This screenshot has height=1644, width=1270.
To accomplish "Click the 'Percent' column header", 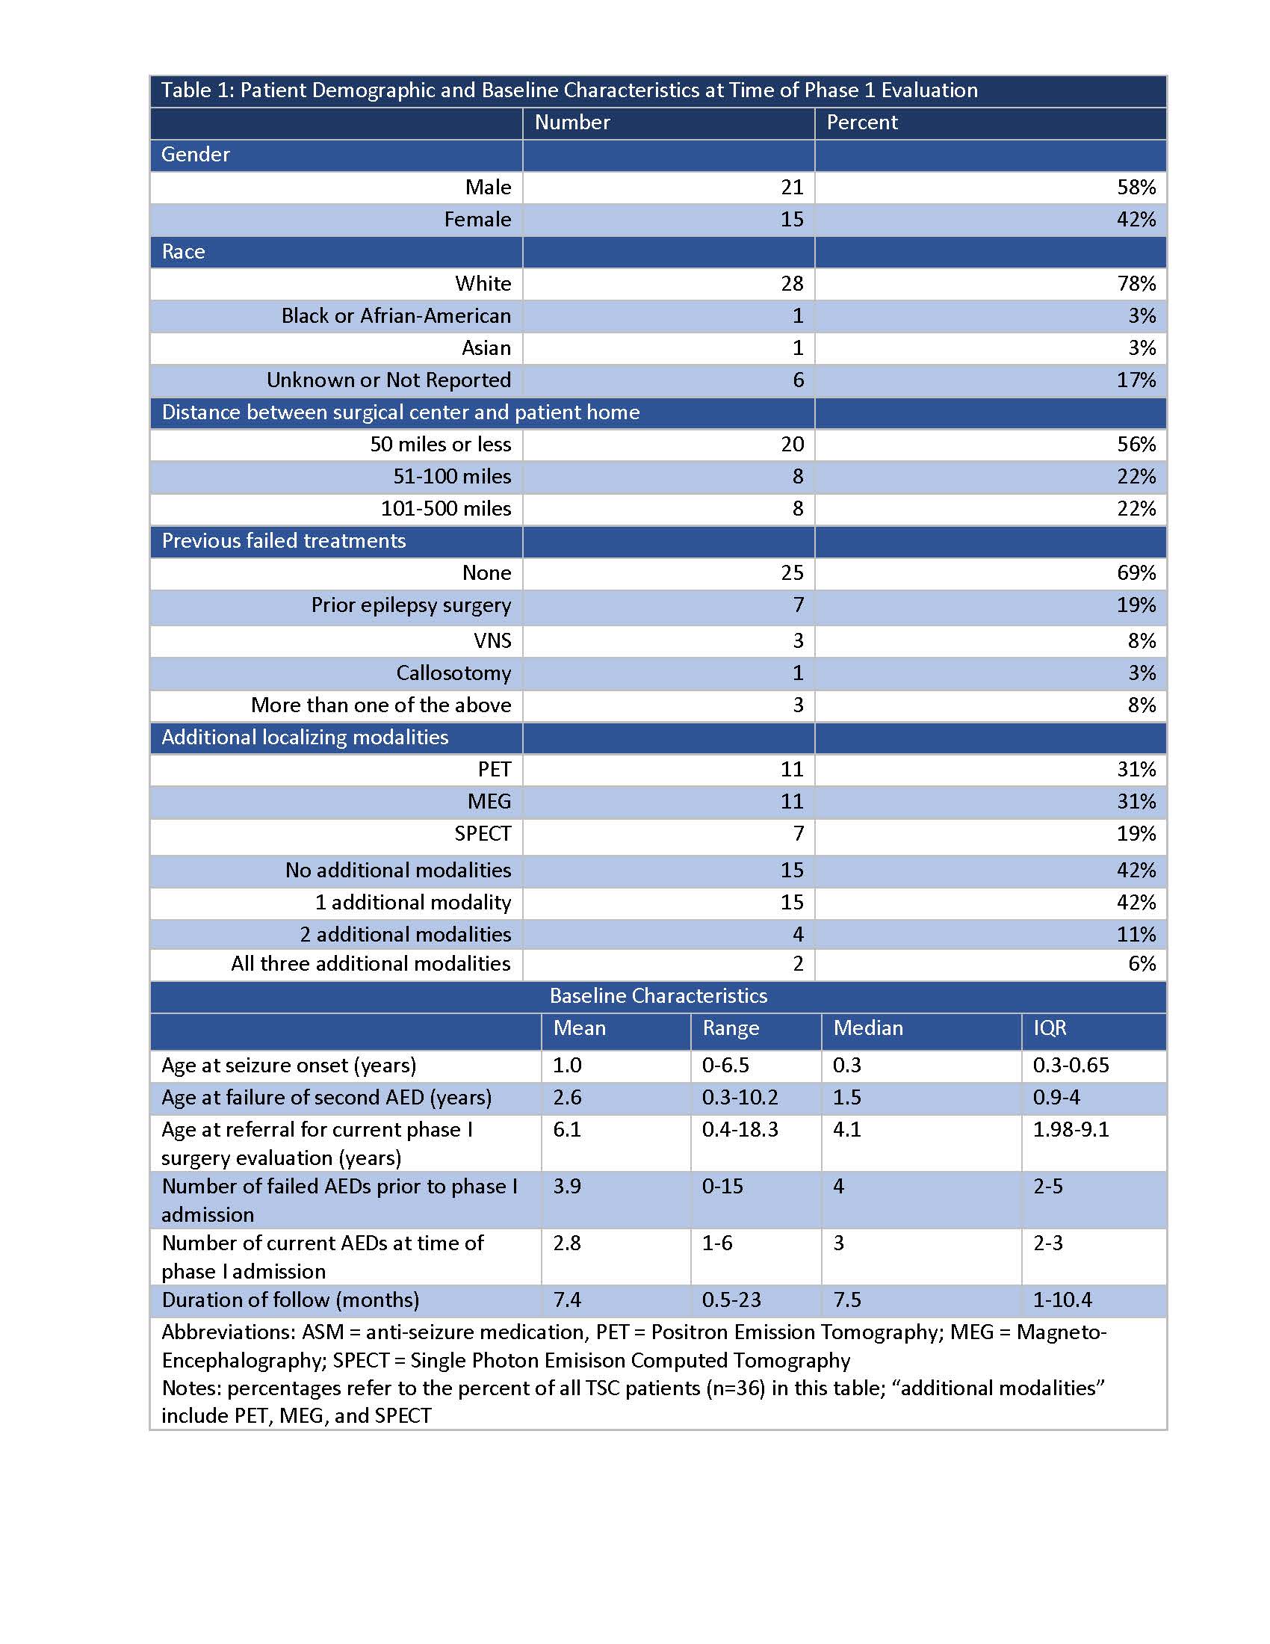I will (861, 123).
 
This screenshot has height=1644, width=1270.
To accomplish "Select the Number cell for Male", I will (791, 187).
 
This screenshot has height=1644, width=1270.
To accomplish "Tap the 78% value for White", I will (1136, 284).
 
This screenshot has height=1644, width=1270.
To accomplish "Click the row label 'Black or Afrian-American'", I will (396, 316).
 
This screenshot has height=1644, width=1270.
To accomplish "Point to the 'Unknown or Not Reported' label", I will (388, 380).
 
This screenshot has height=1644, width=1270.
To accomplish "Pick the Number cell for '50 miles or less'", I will (791, 444).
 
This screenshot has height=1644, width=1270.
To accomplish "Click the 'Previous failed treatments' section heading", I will (284, 540).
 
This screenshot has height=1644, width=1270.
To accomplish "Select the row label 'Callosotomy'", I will (453, 673).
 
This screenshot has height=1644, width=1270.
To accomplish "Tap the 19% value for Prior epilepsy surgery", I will (1136, 605).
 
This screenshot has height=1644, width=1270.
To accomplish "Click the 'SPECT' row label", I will (483, 834).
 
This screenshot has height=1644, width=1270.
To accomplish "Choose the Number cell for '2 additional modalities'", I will (798, 934).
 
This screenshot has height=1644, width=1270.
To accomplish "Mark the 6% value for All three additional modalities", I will (1142, 963).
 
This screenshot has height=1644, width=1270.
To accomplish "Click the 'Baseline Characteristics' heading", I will (658, 996).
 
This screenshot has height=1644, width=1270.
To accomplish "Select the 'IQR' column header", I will (1050, 1028).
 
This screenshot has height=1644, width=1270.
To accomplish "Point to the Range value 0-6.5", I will (725, 1065).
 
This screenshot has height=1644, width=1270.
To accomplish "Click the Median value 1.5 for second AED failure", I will (846, 1098).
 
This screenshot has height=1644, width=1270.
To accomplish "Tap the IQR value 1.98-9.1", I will (1071, 1130).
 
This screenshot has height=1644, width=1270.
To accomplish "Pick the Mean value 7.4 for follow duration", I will (567, 1300).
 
